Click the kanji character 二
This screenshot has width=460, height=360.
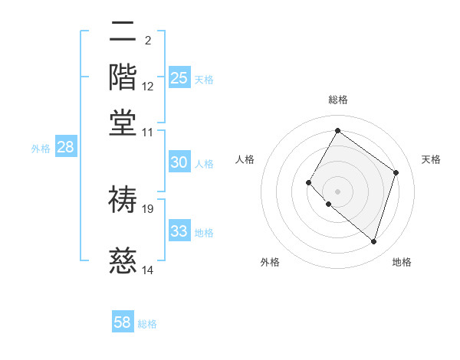tap(123, 33)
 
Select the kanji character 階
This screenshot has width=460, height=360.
tap(123, 77)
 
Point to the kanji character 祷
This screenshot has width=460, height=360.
tap(123, 199)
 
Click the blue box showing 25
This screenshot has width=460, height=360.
tap(179, 77)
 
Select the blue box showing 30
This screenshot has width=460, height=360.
tap(179, 162)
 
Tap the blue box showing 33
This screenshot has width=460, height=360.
tap(179, 231)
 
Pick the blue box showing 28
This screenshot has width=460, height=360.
tap(65, 148)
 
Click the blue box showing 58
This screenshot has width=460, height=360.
tap(123, 322)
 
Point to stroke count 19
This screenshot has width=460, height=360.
tap(148, 208)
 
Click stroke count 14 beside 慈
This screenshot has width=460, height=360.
tap(148, 270)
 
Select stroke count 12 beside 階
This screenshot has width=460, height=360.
tap(148, 86)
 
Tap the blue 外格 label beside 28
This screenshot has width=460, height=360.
tap(41, 149)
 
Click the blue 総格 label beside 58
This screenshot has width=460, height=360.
tap(147, 324)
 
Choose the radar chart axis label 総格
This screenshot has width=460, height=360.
tap(338, 100)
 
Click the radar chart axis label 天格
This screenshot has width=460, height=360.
tap(431, 159)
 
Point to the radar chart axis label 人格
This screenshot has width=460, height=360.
tap(245, 159)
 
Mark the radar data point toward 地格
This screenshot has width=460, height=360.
tap(373, 242)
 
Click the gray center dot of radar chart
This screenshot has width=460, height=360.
tap(337, 191)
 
